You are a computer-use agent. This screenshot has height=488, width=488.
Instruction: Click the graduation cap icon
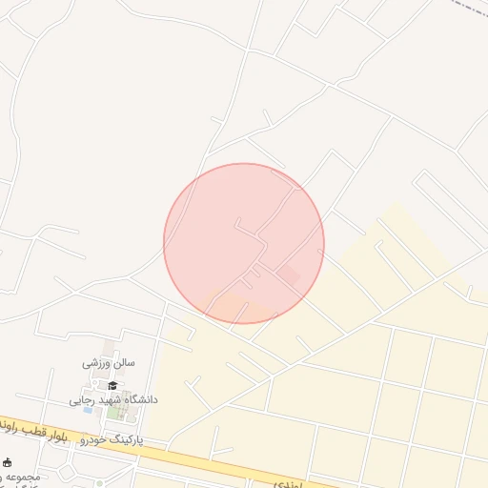112,385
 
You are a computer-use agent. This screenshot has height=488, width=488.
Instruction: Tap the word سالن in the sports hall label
124,363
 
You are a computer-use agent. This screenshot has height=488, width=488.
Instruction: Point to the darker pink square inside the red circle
288,275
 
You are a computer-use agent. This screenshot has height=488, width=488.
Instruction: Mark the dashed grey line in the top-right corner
467,8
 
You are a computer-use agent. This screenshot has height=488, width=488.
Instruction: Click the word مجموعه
25,477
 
